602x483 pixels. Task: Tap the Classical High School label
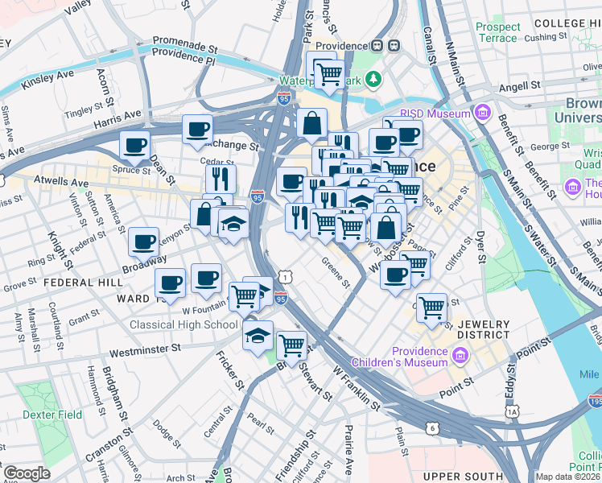[x=184, y=324]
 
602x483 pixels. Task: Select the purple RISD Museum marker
[x=483, y=113]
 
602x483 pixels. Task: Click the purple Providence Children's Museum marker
[x=460, y=356]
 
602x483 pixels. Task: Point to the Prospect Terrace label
[x=498, y=33]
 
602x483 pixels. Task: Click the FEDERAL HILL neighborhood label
[x=83, y=283]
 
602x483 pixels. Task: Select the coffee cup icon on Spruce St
[x=134, y=145]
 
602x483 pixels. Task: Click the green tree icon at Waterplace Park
[x=373, y=79]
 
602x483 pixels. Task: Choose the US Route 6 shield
[x=433, y=427]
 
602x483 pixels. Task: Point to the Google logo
[x=27, y=473]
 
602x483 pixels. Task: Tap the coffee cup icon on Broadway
[x=144, y=241]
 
